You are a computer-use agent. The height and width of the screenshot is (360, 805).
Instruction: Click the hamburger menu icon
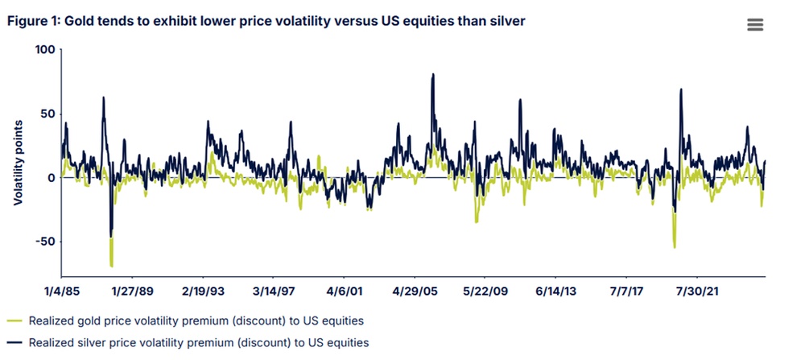coord(754,24)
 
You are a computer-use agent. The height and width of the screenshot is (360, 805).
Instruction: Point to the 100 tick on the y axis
coord(43,50)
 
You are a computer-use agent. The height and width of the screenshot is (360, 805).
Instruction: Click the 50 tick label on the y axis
coord(46,114)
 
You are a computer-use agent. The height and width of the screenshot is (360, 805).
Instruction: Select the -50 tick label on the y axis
coord(43,242)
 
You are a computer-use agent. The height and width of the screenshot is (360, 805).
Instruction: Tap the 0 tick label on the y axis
coord(50,178)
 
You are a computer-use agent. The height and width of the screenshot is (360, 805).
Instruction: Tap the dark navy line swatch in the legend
coord(13,343)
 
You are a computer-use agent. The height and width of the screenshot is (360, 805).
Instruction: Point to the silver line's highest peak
coord(433,75)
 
